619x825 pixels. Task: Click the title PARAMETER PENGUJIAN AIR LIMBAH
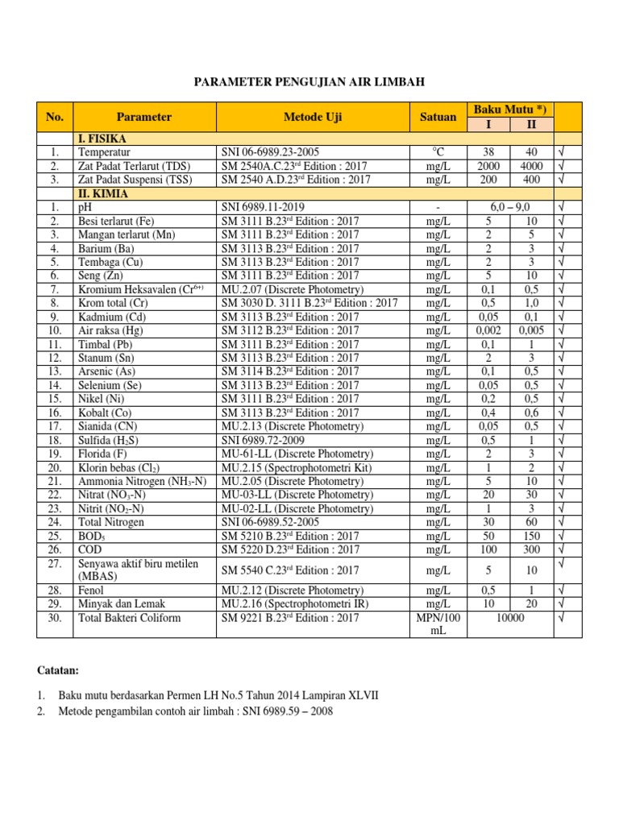(309, 82)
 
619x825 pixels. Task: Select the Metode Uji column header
(313, 117)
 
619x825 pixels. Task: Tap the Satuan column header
(438, 117)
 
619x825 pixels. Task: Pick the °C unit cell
(438, 152)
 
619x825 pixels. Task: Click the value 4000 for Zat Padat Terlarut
(531, 166)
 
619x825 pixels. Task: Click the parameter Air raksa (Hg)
(111, 330)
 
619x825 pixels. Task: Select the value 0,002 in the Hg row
(488, 330)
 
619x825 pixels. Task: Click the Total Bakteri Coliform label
(128, 618)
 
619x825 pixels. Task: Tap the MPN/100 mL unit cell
(438, 624)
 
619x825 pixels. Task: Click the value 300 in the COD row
(531, 549)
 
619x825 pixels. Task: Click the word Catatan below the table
(59, 670)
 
